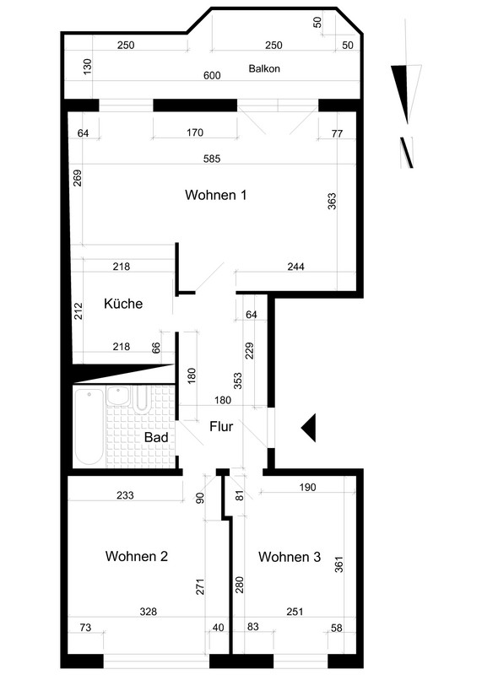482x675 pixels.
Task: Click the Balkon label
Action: point(264,68)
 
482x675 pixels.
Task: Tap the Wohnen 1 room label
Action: point(216,195)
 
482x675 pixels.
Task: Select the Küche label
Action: point(123,304)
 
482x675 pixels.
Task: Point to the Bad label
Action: point(156,437)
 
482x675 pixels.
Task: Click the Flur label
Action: point(221,427)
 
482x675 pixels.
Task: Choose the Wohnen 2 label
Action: point(137,556)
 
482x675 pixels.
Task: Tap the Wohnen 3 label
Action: point(290,557)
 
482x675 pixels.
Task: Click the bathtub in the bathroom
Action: point(89,426)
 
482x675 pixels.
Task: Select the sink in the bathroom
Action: point(117,396)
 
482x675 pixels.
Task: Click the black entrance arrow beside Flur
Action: point(308,428)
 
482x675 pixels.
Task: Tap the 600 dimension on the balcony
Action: point(212,76)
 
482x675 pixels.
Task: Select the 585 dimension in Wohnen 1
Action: point(212,159)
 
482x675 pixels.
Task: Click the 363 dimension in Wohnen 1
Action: point(332,201)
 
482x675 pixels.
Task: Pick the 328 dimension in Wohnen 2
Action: point(149,611)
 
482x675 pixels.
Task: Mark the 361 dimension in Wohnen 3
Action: point(339,564)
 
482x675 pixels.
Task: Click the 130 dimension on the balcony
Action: point(88,67)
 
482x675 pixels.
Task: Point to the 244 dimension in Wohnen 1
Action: point(296,267)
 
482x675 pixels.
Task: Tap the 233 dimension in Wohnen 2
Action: point(125,495)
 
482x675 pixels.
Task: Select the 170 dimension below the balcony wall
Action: point(195,132)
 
